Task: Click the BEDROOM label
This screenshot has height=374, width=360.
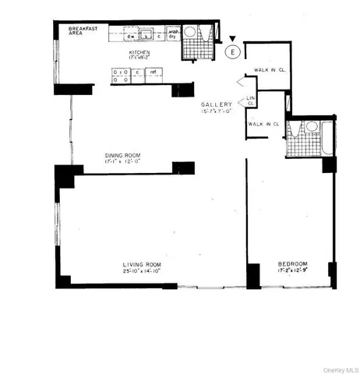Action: (293, 264)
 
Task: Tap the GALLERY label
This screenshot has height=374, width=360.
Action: (216, 104)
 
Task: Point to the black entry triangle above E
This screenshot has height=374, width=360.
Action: (231, 39)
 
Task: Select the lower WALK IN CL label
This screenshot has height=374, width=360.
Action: (263, 124)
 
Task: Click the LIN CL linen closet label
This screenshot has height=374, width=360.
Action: (250, 101)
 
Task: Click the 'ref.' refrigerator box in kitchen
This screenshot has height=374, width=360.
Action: (154, 72)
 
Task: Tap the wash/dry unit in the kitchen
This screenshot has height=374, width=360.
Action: (168, 35)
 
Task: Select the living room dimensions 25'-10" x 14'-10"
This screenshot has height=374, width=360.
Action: (141, 272)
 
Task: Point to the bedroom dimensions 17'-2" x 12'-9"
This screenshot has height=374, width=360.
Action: (293, 272)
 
